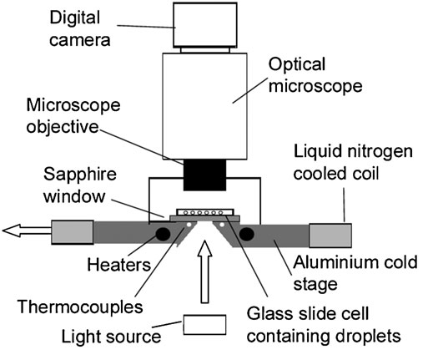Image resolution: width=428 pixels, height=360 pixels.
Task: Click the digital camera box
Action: pyautogui.click(x=205, y=25)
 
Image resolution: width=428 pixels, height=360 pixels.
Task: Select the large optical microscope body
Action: pyautogui.click(x=204, y=106)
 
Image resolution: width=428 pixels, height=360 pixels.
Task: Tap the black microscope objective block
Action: pyautogui.click(x=204, y=175)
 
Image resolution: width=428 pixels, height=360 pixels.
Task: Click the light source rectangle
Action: pyautogui.click(x=204, y=325)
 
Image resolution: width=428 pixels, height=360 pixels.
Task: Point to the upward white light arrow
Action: pyautogui.click(x=204, y=271)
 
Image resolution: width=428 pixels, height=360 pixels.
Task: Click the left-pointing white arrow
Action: pyautogui.click(x=27, y=231)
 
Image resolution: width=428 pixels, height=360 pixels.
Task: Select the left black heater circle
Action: pyautogui.click(x=163, y=234)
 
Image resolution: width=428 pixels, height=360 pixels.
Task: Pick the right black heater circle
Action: pyautogui.click(x=247, y=234)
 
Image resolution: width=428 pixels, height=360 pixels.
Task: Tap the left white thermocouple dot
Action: pyautogui.click(x=189, y=225)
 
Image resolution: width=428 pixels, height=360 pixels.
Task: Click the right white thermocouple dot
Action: pyautogui.click(x=222, y=225)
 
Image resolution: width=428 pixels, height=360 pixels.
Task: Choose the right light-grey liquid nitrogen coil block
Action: pyautogui.click(x=330, y=236)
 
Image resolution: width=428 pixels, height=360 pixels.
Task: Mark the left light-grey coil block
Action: pyautogui.click(x=73, y=232)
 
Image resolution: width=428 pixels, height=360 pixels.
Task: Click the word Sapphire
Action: pyautogui.click(x=80, y=175)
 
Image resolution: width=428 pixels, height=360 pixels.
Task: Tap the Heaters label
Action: pyautogui.click(x=119, y=265)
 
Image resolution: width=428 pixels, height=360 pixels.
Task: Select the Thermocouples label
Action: pyautogui.click(x=80, y=307)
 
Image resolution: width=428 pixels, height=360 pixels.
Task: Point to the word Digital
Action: pyautogui.click(x=74, y=18)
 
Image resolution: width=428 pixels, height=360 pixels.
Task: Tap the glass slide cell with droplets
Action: pyautogui.click(x=205, y=212)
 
